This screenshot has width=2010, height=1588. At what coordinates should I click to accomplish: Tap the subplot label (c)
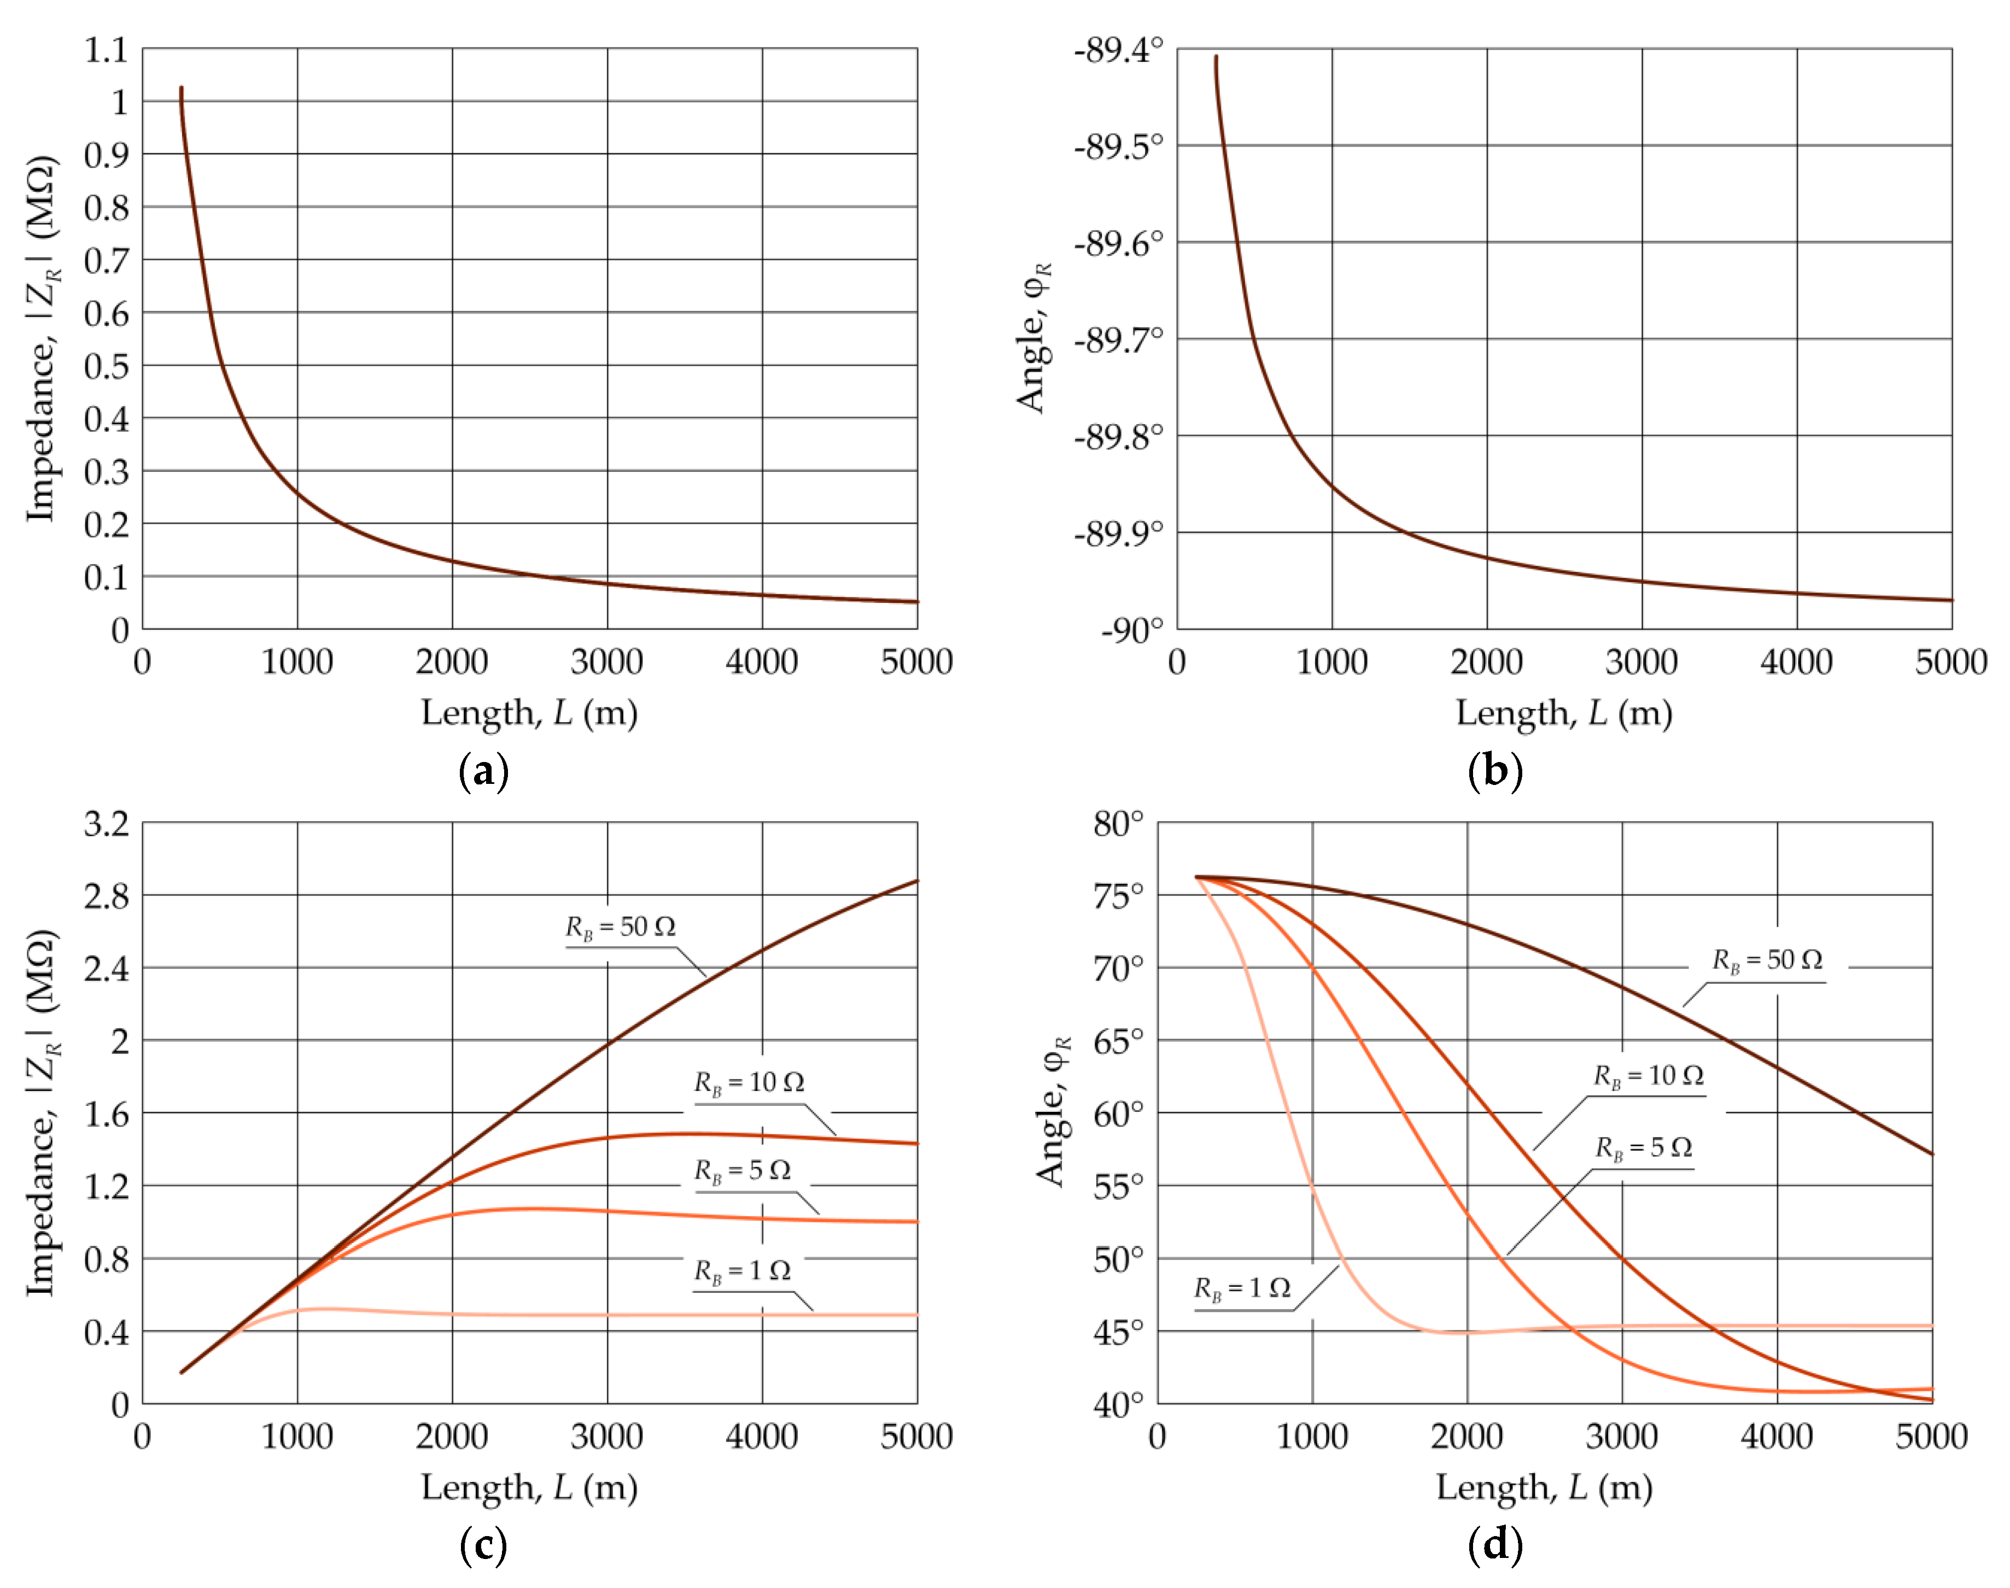(484, 1545)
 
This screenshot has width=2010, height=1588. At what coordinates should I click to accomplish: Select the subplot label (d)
(1495, 1545)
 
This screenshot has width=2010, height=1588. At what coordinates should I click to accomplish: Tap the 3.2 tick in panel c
(106, 824)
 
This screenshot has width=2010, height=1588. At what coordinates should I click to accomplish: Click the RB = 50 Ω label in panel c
(621, 927)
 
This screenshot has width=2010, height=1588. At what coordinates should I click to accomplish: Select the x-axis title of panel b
(1563, 713)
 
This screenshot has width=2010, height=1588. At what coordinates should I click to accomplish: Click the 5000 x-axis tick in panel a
(916, 662)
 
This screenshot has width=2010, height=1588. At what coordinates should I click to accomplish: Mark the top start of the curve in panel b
(1216, 57)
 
